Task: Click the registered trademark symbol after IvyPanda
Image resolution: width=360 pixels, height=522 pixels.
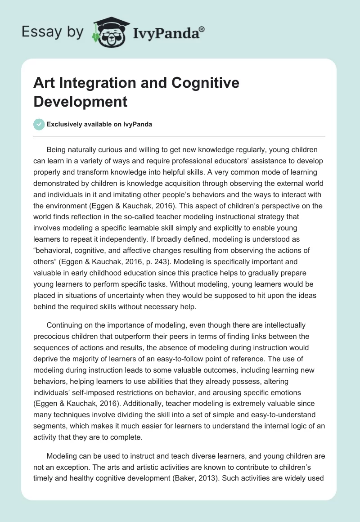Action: tap(202, 29)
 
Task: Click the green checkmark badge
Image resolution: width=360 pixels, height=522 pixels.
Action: tap(39, 124)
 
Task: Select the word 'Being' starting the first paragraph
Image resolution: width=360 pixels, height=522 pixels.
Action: tap(57, 149)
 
